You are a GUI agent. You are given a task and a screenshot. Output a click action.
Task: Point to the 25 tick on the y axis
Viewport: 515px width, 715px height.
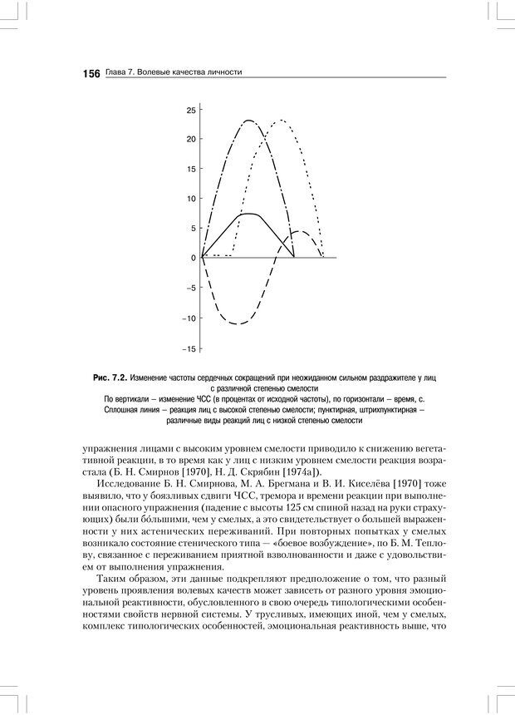pos(191,110)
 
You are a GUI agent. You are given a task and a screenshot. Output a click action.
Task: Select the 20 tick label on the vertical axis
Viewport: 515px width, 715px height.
pos(191,139)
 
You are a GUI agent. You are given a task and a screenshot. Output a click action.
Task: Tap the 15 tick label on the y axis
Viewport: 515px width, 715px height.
pos(191,169)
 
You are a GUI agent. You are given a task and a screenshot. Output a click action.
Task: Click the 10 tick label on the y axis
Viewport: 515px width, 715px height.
pos(191,199)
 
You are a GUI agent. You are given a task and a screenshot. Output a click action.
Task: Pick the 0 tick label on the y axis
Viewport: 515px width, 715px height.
pos(194,258)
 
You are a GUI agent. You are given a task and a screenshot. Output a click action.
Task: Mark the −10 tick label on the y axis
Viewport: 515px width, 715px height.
pos(190,318)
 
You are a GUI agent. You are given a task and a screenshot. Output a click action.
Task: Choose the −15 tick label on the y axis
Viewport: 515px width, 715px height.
pos(190,348)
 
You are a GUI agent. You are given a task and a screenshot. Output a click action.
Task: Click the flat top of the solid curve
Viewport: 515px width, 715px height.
pos(248,214)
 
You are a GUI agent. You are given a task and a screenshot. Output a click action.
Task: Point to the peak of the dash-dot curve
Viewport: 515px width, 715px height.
pos(248,121)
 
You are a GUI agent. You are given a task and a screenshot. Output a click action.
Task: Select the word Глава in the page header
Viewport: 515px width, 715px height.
pos(116,73)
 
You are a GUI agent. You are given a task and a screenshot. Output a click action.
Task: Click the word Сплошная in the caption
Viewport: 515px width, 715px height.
pos(121,410)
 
